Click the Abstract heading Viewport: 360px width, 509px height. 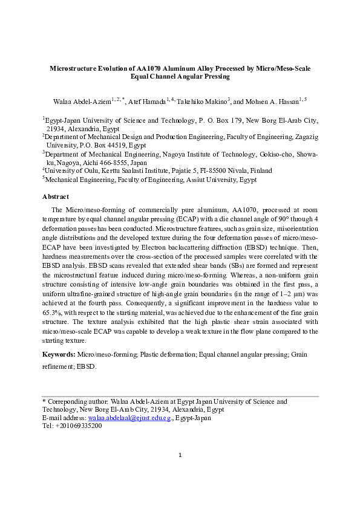coord(56,196)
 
